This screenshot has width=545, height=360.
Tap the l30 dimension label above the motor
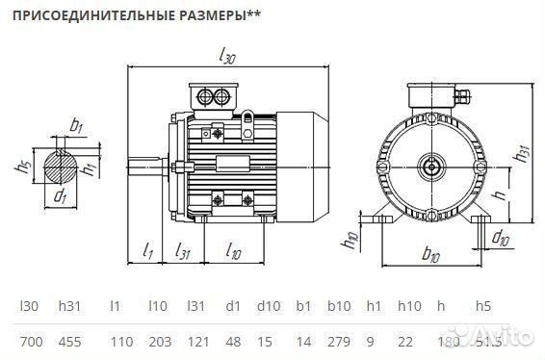pos(227,57)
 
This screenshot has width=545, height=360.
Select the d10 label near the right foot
pos(500,237)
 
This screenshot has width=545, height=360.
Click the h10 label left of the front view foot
pos(351,239)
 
